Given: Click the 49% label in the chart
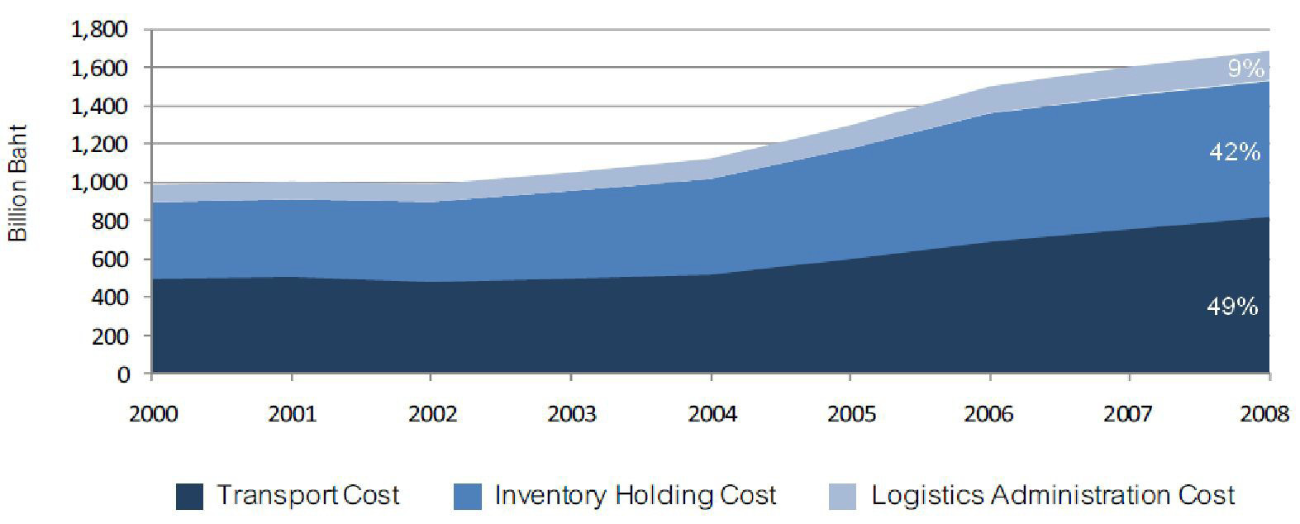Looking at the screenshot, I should tap(1231, 307).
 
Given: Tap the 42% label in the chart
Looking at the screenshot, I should tap(1234, 152).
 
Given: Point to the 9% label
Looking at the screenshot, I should tap(1245, 69).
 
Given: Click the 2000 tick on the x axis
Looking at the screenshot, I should tap(154, 413).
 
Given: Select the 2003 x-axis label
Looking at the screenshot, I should tap(572, 413).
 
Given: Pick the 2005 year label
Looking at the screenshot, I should tap(850, 413).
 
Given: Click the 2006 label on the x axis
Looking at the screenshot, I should tap(989, 413).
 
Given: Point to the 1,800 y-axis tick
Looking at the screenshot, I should tap(100, 30).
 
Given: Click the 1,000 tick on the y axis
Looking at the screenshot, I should tap(100, 183).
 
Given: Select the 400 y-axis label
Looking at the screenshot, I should tap(111, 298).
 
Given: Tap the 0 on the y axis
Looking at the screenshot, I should tap(123, 374).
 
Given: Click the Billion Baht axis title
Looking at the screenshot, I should tap(18, 183).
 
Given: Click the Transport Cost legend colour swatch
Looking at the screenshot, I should tap(189, 497).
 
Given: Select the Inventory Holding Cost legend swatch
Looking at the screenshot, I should tap(468, 497).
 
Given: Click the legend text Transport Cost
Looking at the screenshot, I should tap(308, 496).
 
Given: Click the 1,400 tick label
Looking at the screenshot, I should tap(100, 107).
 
